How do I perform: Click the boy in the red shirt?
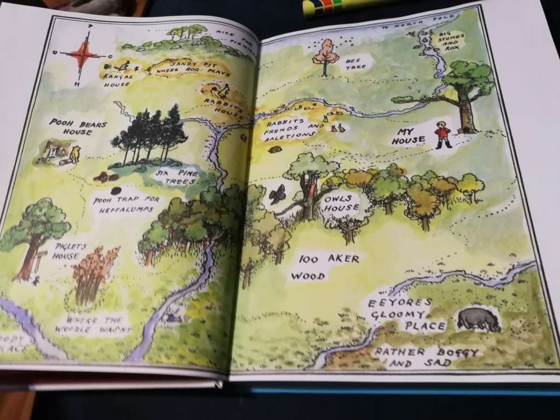click(442, 134)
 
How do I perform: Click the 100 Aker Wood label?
click(324, 267)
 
